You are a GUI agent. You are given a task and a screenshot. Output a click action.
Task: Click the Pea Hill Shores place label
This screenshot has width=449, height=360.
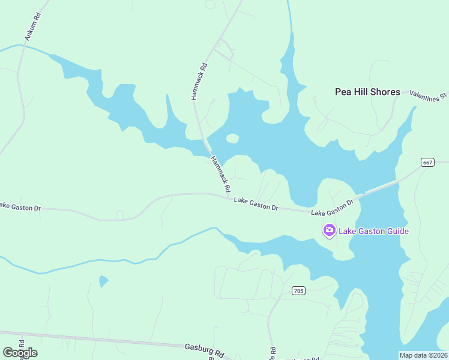[367, 92]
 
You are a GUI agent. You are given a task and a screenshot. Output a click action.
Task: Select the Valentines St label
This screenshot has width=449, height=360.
[429, 94]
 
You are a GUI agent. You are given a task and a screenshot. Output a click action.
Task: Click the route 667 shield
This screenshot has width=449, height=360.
[427, 162]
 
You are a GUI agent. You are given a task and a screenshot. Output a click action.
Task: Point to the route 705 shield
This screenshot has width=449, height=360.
[298, 291]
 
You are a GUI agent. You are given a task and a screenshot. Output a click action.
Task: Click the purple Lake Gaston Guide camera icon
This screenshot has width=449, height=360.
[329, 230]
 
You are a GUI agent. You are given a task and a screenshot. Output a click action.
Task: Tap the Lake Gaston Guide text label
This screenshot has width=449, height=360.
[373, 231]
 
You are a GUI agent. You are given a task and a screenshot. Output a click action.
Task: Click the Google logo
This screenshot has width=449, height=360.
[20, 352]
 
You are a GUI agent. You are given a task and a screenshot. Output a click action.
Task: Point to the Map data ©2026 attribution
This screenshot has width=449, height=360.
[423, 355]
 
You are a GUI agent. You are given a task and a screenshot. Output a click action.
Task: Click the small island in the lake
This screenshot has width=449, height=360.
[232, 139]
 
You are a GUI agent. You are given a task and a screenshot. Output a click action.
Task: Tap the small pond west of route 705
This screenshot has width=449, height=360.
[103, 280]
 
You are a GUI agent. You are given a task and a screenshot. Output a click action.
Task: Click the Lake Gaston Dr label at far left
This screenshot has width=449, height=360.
[20, 206]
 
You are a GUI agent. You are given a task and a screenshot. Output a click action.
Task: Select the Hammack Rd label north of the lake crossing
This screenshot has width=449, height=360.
[199, 82]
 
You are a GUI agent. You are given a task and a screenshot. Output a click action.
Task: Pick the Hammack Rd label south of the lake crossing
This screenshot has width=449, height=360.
[220, 174]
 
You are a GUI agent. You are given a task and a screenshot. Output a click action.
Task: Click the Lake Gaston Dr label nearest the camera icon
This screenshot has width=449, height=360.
[333, 208]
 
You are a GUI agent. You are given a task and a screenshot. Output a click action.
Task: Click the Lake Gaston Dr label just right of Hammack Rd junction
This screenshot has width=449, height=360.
[256, 203]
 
